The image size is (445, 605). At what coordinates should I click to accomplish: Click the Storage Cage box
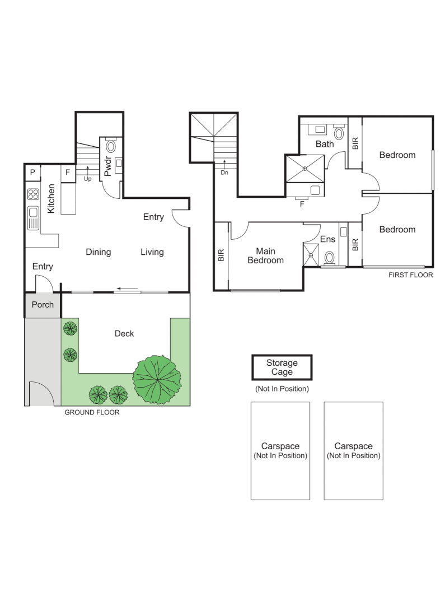[282, 368]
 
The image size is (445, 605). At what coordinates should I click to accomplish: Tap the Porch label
[43, 305]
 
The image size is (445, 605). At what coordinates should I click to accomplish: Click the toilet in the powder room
[111, 147]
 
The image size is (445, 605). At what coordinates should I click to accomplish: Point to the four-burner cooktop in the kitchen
[33, 195]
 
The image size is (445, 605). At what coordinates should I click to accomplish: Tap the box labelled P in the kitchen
[32, 173]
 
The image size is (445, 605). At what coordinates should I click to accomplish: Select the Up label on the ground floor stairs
[87, 179]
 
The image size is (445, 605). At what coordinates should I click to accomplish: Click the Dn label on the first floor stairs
[224, 173]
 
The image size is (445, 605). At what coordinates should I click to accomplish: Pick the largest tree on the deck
[157, 379]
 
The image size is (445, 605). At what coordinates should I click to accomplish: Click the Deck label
[124, 334]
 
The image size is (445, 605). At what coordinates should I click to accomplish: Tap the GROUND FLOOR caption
[92, 412]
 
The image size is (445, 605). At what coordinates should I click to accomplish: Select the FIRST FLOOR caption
[410, 276]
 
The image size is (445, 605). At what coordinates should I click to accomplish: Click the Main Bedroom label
[266, 255]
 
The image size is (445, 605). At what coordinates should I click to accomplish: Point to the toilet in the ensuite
[330, 257]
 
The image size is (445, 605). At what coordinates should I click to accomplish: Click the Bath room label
[325, 144]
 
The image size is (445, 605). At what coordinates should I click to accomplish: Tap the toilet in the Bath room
[338, 133]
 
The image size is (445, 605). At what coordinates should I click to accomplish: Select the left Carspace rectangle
[280, 450]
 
